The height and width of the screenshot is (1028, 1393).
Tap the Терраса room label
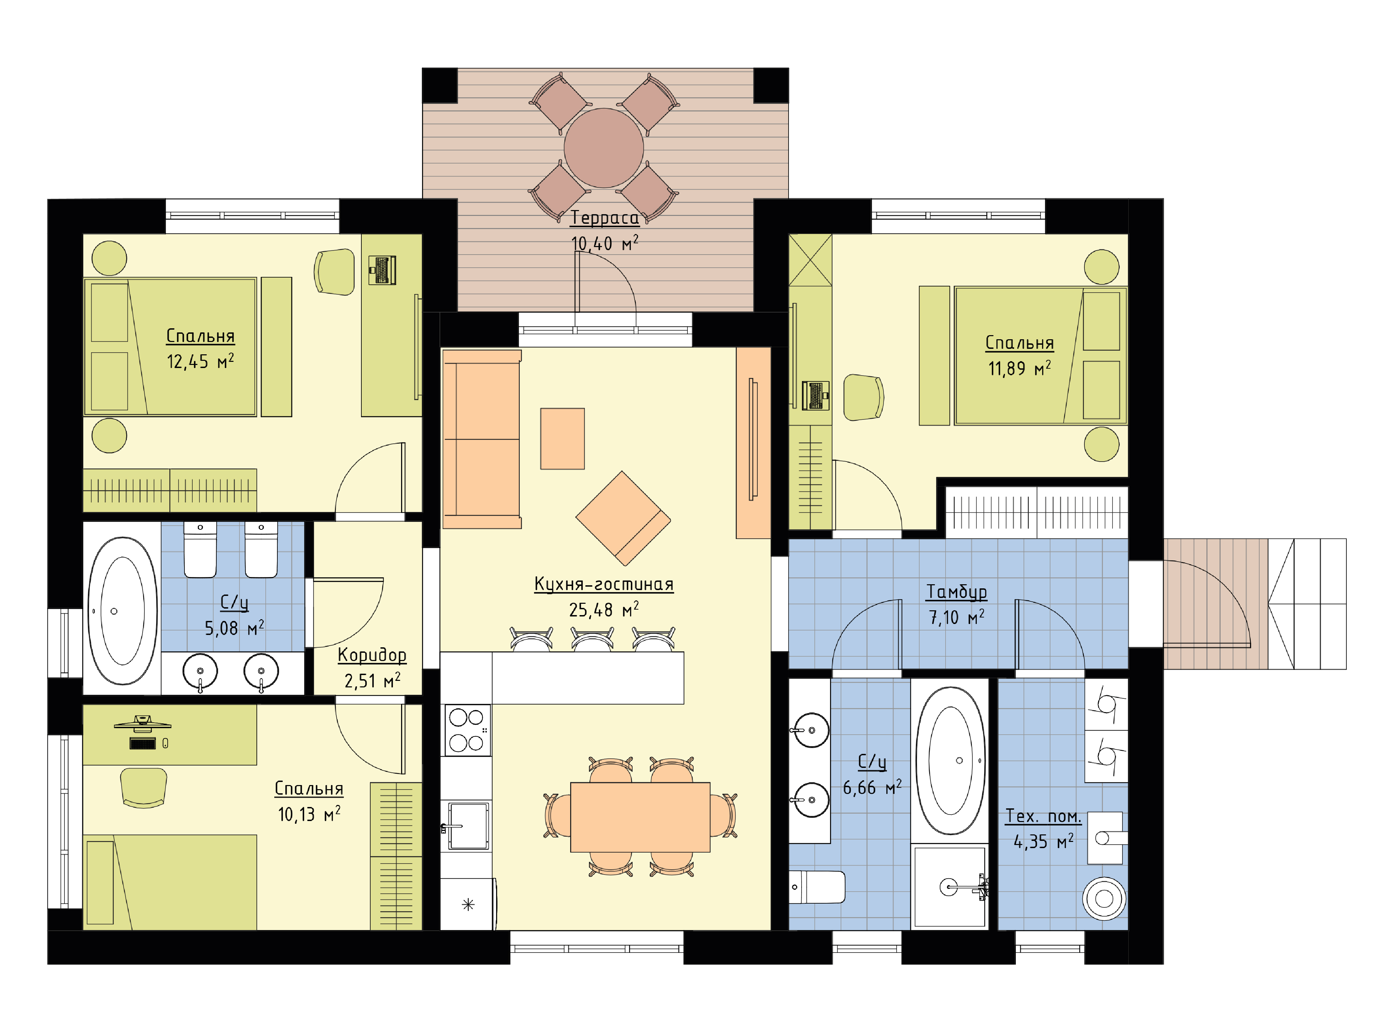pyautogui.click(x=604, y=218)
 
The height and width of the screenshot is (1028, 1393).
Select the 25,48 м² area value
pyautogui.click(x=604, y=610)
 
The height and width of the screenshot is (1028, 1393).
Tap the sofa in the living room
pyautogui.click(x=481, y=439)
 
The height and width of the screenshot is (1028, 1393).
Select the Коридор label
pyautogui.click(x=372, y=655)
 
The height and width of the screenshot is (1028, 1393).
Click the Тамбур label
pyautogui.click(x=957, y=592)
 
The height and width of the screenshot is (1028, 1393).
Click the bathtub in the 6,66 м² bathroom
pyautogui.click(x=950, y=760)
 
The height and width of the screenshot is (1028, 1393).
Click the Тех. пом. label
pyautogui.click(x=1043, y=816)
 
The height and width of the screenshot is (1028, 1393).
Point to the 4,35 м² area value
pyautogui.click(x=1043, y=842)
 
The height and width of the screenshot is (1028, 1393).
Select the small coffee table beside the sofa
pyautogui.click(x=562, y=439)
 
